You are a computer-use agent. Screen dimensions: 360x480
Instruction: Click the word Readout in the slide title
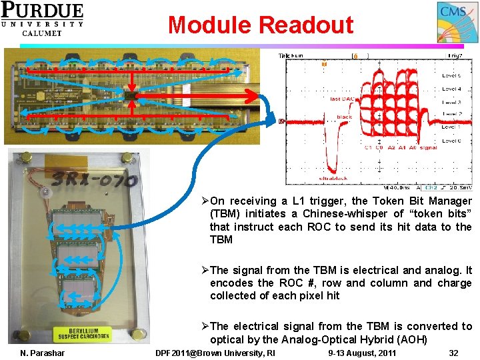[306, 25]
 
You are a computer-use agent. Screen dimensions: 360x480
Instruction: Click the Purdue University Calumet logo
[42, 19]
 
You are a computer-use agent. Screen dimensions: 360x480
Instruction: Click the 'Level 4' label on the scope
[451, 89]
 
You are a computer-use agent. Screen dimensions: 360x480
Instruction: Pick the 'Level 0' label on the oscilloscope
[451, 141]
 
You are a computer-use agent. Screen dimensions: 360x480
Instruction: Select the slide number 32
[453, 353]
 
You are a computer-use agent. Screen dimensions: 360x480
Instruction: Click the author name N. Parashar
[43, 353]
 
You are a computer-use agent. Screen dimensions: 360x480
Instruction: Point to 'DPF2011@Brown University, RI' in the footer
[215, 353]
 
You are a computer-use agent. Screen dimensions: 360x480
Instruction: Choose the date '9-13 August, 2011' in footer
[363, 353]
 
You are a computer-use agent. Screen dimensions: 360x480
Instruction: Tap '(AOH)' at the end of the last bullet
[411, 339]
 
